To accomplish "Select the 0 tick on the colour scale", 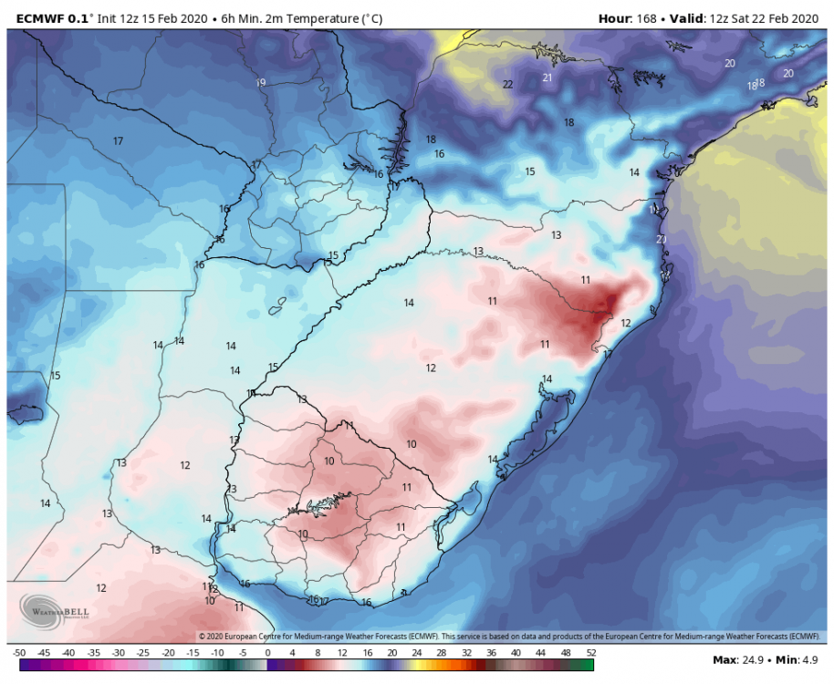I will [x=267, y=653].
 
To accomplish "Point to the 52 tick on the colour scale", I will [x=590, y=653].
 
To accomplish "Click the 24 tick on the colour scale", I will [x=417, y=653].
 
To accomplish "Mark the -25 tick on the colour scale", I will [x=143, y=653].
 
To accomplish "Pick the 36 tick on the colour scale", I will [x=491, y=653].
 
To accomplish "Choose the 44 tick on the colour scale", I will [x=541, y=653].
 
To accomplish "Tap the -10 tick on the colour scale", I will [x=217, y=653].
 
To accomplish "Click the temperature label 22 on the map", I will [x=507, y=85].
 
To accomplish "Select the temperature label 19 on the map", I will [x=261, y=83].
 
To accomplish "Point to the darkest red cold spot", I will [x=602, y=306].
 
